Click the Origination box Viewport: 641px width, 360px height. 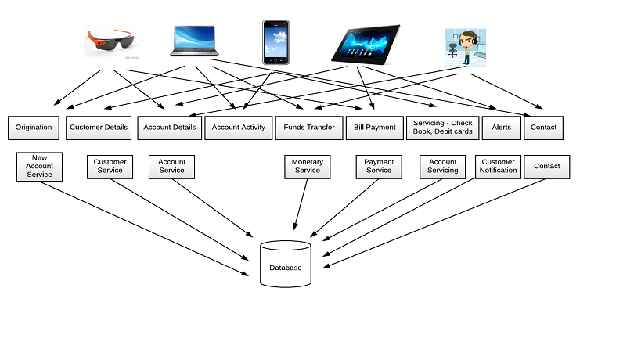click(34, 128)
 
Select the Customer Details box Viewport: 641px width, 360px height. click(99, 128)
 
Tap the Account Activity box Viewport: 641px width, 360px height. click(239, 128)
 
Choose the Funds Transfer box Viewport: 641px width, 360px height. click(309, 128)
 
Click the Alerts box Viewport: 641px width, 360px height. click(501, 128)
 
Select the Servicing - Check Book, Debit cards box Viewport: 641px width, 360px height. click(443, 128)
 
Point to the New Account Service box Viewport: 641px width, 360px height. click(39, 167)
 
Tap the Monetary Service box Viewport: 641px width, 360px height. click(307, 166)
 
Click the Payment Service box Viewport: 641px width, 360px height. click(379, 166)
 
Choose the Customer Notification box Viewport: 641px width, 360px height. click(499, 166)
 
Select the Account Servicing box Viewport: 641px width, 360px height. click(443, 166)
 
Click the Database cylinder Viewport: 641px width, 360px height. click(285, 264)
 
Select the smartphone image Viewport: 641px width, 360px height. click(275, 42)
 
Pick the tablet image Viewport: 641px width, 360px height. click(365, 44)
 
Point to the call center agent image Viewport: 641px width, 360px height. click(466, 46)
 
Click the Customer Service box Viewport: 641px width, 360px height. click(110, 166)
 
